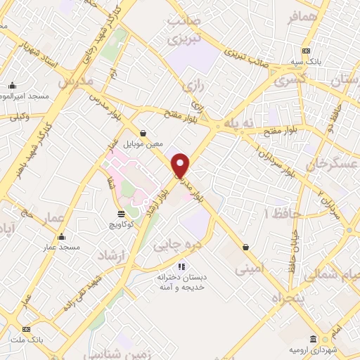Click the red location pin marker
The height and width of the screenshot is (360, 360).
pos(181,166)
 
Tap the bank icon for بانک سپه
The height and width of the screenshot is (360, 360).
pos(306,51)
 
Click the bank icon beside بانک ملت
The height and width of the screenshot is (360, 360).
pos(27,329)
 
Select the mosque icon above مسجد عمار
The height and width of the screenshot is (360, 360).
pos(62,237)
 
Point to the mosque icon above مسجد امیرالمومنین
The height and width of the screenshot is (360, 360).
pos(12,86)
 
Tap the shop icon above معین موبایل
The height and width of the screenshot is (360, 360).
pos(143,133)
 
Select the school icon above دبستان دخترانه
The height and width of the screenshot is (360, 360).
pos(182,266)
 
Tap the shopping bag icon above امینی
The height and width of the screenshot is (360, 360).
pos(245,247)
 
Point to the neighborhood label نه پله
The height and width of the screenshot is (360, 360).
pos(237,124)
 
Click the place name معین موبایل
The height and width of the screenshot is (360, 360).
pos(143,144)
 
